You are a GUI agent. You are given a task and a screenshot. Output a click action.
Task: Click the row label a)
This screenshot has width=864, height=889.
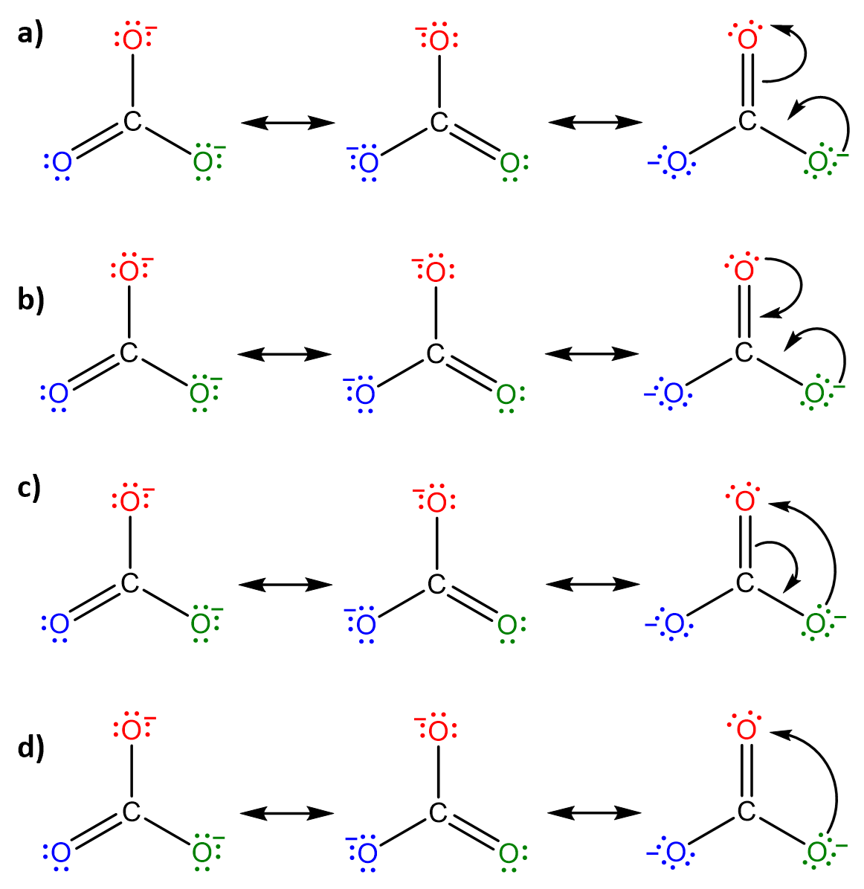[30, 34]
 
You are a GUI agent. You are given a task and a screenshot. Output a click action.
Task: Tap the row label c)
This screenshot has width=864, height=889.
[30, 488]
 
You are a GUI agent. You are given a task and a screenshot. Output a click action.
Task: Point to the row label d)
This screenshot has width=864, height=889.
[30, 748]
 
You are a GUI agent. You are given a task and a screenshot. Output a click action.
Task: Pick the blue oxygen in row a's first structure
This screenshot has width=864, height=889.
[62, 161]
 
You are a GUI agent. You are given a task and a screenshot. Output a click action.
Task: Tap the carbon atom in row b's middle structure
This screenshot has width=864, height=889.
[436, 354]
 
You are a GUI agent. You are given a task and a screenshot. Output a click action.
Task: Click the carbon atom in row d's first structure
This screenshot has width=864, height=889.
[131, 812]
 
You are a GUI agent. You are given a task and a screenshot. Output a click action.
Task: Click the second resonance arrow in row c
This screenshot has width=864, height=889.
[593, 585]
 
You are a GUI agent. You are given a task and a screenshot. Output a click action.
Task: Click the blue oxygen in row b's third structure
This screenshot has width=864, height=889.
[674, 393]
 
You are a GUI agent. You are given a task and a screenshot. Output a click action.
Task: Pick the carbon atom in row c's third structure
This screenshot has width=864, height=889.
[745, 583]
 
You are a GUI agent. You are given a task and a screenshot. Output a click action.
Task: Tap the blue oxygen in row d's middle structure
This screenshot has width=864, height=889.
[367, 853]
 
